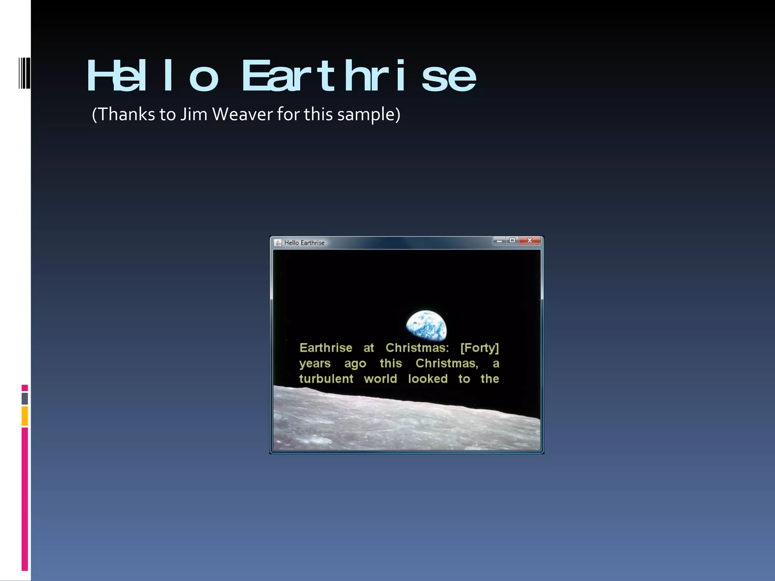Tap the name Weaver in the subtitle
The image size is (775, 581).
(242, 114)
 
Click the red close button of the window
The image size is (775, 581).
(529, 241)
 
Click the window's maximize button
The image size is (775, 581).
(512, 241)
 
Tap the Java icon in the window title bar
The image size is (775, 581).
(278, 243)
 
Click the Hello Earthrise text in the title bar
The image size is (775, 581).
(304, 243)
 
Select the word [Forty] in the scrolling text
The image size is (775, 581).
(479, 348)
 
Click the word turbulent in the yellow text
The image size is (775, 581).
(326, 379)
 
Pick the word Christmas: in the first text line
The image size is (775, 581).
(417, 348)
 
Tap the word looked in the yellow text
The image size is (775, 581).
(428, 379)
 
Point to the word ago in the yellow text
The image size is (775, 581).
(355, 364)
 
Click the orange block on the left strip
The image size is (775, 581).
(25, 416)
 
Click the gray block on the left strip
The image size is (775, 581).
(25, 399)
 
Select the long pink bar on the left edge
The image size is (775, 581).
(25, 499)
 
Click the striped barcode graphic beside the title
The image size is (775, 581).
(25, 73)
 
